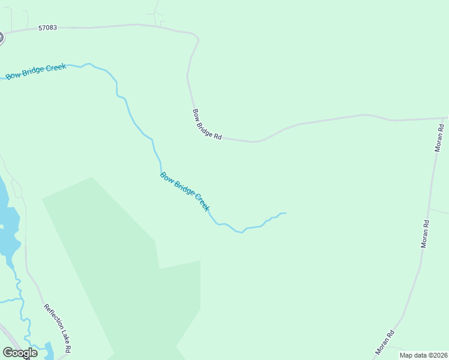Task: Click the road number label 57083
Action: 47,28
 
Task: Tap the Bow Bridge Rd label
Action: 207,124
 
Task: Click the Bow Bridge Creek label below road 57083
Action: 35,71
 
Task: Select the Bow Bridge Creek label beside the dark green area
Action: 184,191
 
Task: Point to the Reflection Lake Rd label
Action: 58,328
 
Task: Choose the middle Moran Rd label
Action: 426,234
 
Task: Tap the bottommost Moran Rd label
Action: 385,342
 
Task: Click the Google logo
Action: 20,353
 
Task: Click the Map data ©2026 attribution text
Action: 423,355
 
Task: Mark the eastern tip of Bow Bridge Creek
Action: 285,213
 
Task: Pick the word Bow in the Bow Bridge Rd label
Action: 196,114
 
